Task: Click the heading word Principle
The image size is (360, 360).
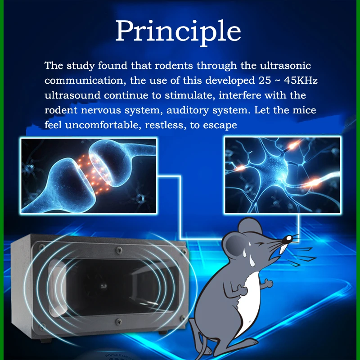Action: (x=178, y=31)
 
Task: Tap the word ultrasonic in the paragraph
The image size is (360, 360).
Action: (x=285, y=66)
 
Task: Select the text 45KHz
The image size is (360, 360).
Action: (x=301, y=81)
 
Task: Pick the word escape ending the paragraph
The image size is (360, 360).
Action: (x=220, y=126)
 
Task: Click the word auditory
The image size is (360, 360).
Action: (x=187, y=111)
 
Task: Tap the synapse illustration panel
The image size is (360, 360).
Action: (x=88, y=175)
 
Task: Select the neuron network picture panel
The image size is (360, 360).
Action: (x=282, y=175)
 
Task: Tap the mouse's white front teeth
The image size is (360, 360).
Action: (x=283, y=249)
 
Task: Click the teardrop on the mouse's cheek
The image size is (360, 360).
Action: (x=252, y=261)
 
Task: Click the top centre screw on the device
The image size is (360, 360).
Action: (x=119, y=250)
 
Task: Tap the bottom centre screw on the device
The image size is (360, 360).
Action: (x=118, y=322)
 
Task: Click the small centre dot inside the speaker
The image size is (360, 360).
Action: (x=103, y=286)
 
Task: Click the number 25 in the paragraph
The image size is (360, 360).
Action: (x=265, y=81)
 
